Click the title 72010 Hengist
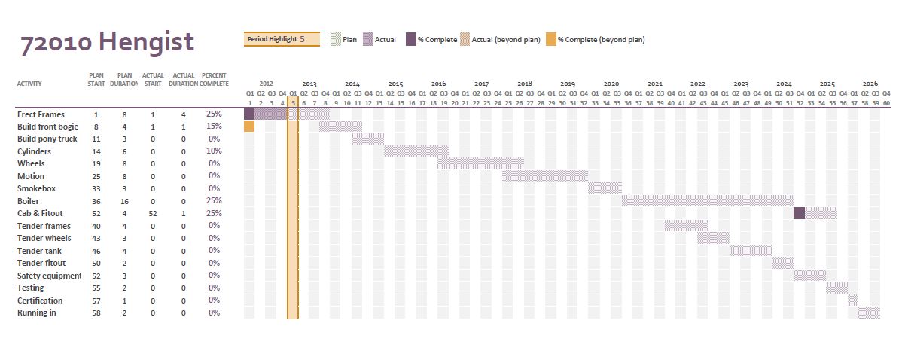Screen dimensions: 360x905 [107, 42]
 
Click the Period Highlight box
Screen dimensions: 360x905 [282, 39]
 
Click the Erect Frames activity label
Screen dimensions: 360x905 [41, 114]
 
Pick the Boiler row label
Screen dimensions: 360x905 [28, 201]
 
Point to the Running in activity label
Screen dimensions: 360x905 [37, 313]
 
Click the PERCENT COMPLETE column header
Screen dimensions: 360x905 [215, 79]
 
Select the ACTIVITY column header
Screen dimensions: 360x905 [29, 84]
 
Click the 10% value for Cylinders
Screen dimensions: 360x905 [215, 151]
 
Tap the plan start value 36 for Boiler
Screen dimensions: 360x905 [96, 201]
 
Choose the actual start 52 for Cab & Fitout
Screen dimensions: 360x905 [154, 214]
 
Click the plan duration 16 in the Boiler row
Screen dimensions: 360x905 [125, 201]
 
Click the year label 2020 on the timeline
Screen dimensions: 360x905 [611, 84]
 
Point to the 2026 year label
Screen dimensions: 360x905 [870, 84]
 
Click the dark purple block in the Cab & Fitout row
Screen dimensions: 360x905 [799, 213]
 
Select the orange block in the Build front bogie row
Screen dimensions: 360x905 [249, 127]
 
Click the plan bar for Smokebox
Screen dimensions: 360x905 [605, 188]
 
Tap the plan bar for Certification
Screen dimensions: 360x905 [853, 301]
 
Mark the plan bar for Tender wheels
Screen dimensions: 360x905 [713, 238]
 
